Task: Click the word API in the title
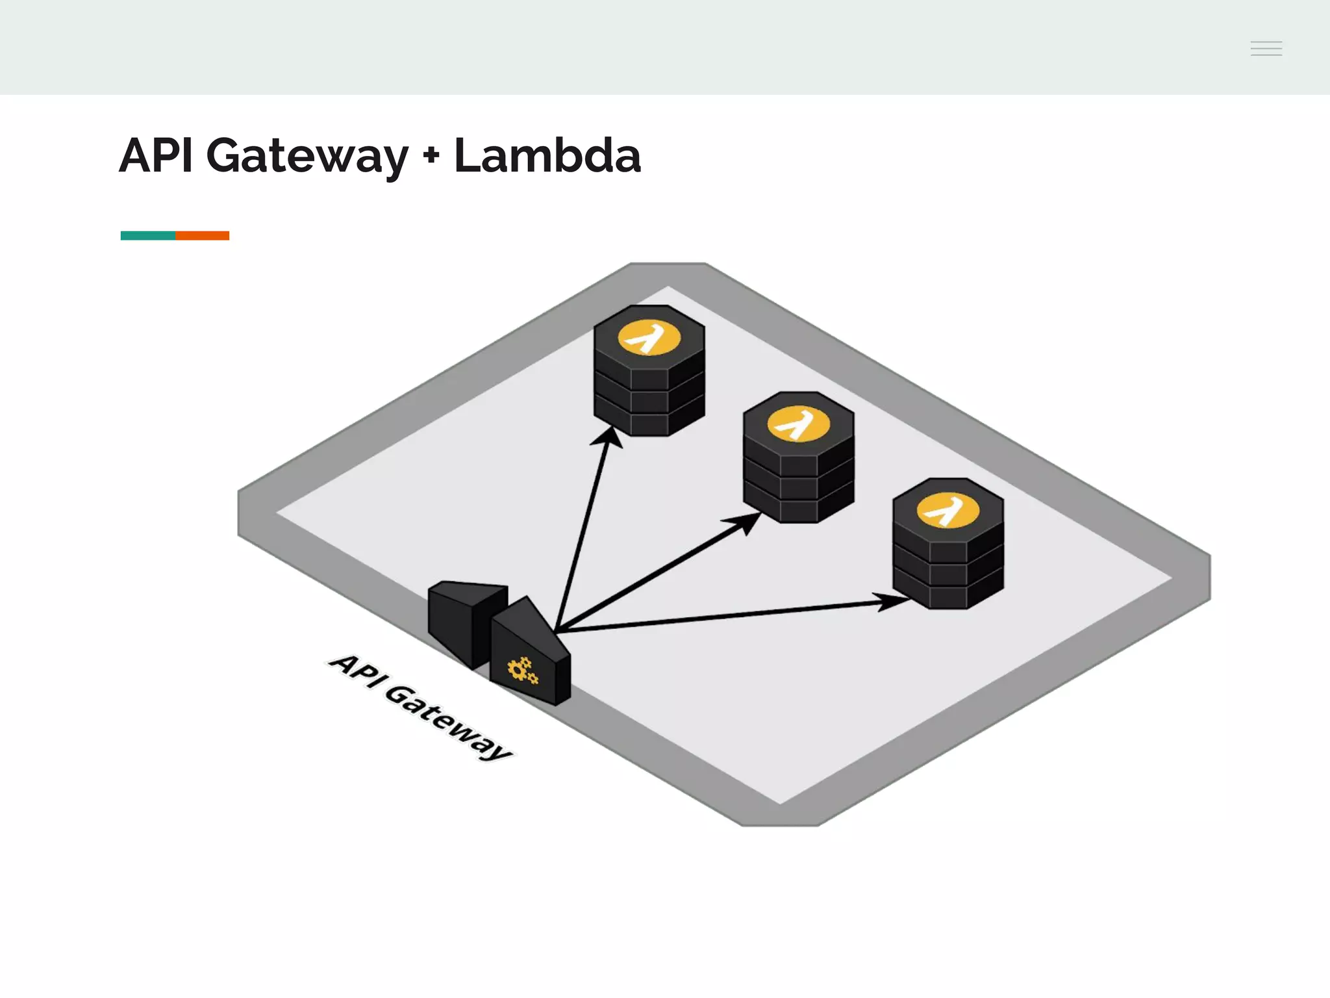tap(156, 156)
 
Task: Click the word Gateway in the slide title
tap(307, 157)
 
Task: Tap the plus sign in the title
tap(431, 157)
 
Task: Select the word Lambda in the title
tap(547, 156)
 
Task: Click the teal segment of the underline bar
tap(148, 235)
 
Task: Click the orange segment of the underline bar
tap(203, 235)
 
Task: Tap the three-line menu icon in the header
tap(1266, 48)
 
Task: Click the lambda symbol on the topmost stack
tap(649, 338)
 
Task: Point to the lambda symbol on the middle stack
tap(798, 424)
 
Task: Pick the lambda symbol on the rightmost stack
tap(947, 511)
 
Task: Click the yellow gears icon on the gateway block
tap(522, 671)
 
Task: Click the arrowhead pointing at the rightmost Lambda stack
tap(893, 602)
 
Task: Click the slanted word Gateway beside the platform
tap(448, 721)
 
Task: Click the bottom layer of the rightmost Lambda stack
tap(947, 596)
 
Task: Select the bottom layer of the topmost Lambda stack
tap(649, 424)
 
